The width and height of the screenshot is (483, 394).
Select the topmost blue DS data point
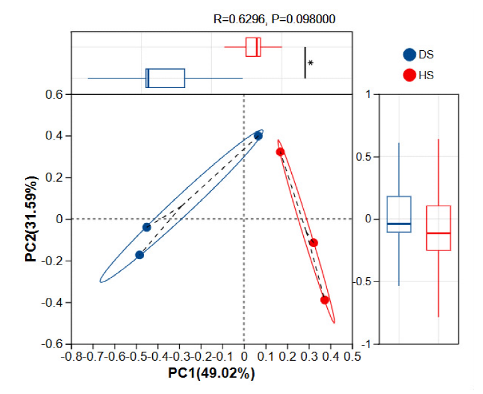point(258,136)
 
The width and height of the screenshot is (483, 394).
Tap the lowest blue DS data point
point(140,254)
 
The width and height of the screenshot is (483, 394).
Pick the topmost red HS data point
point(280,152)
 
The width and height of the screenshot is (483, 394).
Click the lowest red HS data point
point(325,300)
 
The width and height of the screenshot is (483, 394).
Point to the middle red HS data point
point(314,243)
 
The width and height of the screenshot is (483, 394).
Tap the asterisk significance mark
point(311,63)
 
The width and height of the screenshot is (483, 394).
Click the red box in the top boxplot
point(253,47)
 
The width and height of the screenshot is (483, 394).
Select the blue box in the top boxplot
point(165,78)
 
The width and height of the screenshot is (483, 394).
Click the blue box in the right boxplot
point(399,214)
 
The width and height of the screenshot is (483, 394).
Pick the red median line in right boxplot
point(438,233)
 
